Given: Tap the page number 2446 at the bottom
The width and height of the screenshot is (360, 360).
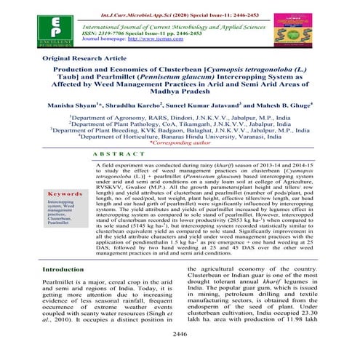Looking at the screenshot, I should point(179,353).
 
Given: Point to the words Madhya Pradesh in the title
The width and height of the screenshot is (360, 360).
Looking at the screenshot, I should point(180,112).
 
